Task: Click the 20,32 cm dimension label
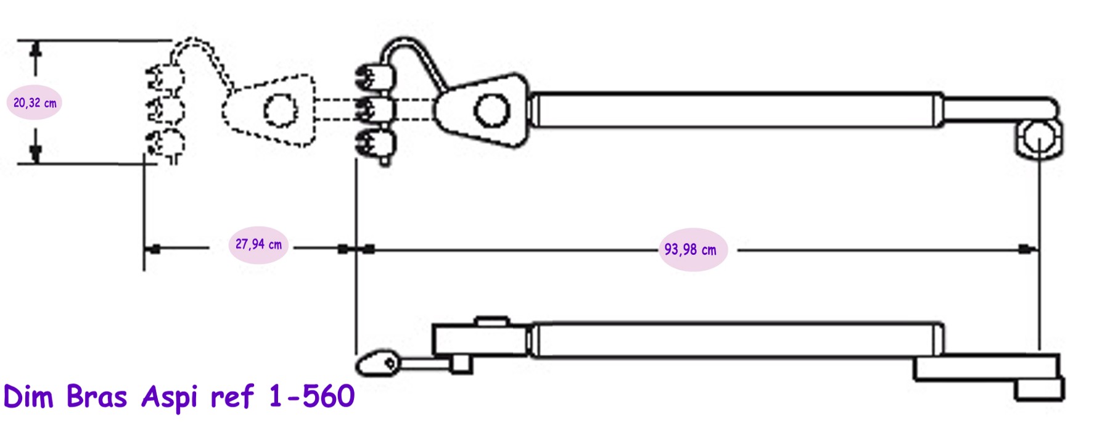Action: coord(35,103)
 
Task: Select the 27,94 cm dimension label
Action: coord(258,244)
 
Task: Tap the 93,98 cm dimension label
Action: coord(690,250)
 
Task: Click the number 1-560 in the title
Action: coord(311,395)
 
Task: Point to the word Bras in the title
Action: coord(96,396)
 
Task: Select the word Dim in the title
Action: coord(28,396)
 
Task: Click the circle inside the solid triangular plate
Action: coord(491,110)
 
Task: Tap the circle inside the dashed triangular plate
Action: coord(281,110)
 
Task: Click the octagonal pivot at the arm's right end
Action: coord(1040,139)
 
